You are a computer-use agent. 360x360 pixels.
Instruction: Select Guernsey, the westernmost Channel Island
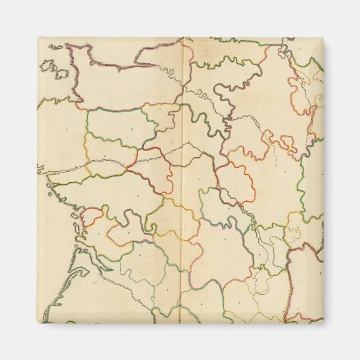tap(47, 66)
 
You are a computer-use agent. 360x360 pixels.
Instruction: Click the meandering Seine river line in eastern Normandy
tap(170, 75)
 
